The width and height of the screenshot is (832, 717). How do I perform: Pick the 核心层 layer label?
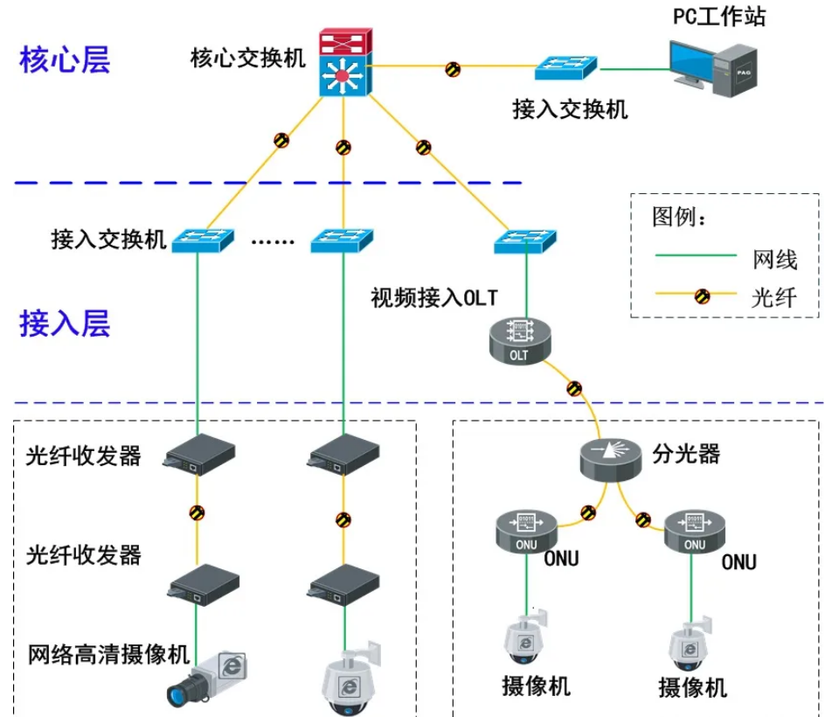click(x=65, y=61)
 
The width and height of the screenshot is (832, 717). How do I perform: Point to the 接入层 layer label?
click(x=65, y=324)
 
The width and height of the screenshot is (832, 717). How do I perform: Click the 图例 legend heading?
click(x=679, y=217)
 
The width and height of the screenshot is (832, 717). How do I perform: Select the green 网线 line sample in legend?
click(x=696, y=256)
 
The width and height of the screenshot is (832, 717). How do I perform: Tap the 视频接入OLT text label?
click(x=433, y=298)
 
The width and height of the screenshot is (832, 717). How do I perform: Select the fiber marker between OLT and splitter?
click(x=574, y=387)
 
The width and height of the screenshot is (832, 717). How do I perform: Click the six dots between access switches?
click(x=273, y=240)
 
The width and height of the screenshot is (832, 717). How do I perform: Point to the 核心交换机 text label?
click(x=248, y=59)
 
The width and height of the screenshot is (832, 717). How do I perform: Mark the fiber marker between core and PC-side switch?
click(x=453, y=68)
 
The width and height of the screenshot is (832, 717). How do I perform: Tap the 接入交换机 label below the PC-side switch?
click(x=570, y=109)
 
